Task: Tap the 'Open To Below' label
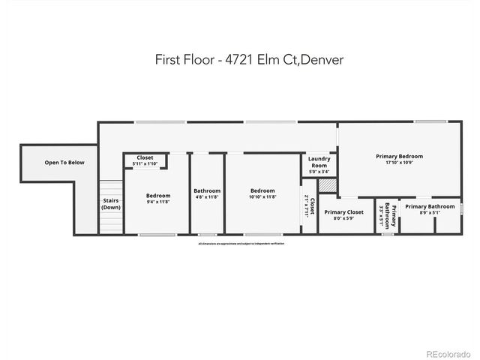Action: tap(64, 163)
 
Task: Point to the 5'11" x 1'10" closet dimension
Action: tap(144, 163)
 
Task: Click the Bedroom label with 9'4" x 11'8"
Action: tap(157, 196)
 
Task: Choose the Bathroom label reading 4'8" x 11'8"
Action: tap(206, 190)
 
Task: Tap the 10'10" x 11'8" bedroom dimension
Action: tap(262, 196)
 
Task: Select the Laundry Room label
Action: tap(319, 162)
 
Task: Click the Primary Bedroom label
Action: tap(399, 156)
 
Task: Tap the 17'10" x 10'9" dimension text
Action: tap(399, 163)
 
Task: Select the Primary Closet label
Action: tap(343, 212)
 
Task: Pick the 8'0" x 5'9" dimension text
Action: tap(343, 219)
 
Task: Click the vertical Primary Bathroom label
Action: tap(387, 214)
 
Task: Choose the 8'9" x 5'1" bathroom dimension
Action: tap(430, 212)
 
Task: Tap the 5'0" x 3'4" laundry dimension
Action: tap(319, 172)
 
